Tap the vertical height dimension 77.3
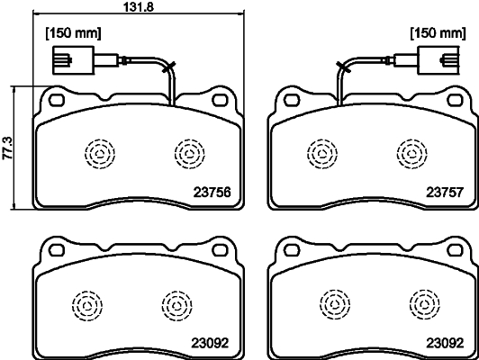click(8, 147)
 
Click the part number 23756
click(212, 191)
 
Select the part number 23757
click(444, 191)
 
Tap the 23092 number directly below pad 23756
click(209, 342)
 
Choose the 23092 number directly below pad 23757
click(444, 342)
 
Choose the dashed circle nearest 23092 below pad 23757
click(419, 303)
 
